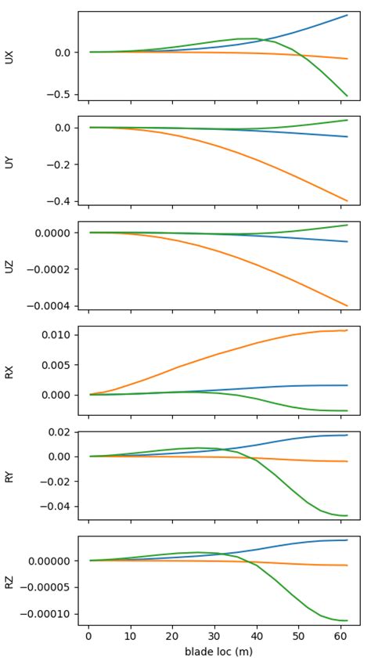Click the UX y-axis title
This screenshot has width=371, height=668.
point(10,56)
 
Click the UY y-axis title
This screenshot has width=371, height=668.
point(10,161)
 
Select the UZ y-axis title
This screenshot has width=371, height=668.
point(10,266)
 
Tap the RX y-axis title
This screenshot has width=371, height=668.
point(10,371)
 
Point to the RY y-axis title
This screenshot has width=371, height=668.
point(10,476)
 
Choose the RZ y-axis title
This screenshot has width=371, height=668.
point(10,581)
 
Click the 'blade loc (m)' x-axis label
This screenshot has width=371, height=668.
point(218,652)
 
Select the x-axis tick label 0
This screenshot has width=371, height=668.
point(88,637)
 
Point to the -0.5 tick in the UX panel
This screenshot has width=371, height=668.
point(58,94)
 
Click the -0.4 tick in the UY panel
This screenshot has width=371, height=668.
point(58,201)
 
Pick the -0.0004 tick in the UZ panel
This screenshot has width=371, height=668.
point(49,305)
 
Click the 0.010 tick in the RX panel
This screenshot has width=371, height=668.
point(55,335)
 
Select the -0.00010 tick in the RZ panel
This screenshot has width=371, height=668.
point(45,614)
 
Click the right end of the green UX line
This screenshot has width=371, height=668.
point(348,96)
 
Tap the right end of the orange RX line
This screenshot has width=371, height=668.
point(348,330)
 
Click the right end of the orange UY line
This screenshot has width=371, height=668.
point(348,201)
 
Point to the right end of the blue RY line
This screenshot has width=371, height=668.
point(348,435)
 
